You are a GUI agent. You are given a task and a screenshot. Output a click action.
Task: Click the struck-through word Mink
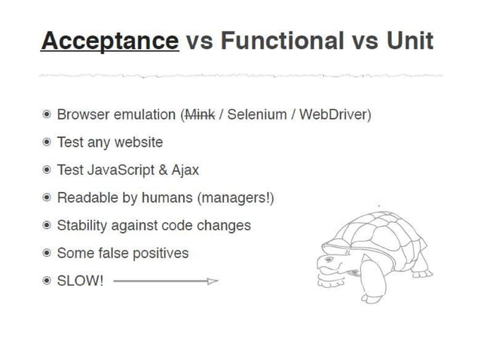200,114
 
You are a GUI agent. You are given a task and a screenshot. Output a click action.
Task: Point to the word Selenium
257,114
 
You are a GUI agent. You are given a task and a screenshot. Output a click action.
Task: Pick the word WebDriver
332,114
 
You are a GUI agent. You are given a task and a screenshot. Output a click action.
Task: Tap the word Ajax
185,170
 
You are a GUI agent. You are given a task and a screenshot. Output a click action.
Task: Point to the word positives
161,253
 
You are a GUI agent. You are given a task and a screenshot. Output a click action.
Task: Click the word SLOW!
81,281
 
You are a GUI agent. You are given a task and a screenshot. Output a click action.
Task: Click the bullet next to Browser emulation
47,115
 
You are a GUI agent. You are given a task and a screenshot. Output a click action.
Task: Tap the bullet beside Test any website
47,142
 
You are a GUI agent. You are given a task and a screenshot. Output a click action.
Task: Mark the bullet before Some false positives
47,254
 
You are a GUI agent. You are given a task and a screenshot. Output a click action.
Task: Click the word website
139,142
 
